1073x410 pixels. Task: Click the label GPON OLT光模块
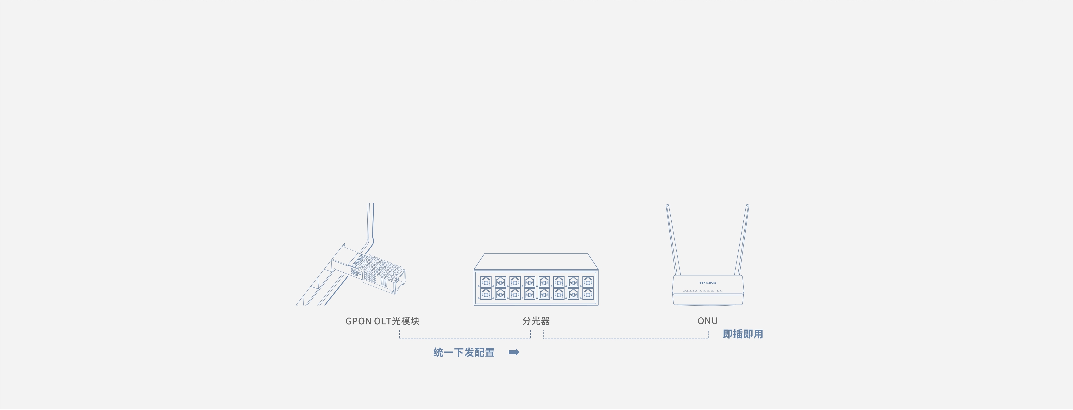[x=382, y=321]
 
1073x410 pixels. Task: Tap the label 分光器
[x=536, y=321]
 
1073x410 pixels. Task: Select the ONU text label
[x=707, y=321]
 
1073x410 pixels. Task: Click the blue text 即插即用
[x=743, y=334]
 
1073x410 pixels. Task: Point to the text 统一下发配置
[x=464, y=352]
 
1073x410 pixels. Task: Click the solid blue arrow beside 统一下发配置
[x=514, y=352]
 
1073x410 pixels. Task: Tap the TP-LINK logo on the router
[x=707, y=283]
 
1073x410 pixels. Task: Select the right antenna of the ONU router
[x=742, y=240]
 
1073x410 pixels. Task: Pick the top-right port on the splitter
[x=588, y=282]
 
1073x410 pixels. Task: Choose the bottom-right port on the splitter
[x=588, y=294]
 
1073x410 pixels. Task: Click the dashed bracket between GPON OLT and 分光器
[x=464, y=338]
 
